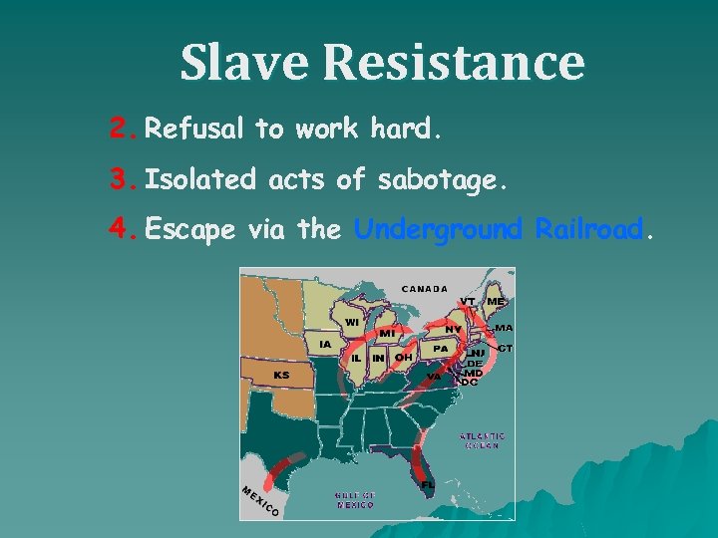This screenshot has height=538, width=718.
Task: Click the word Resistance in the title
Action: [454, 62]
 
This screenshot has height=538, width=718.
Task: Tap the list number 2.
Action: [122, 129]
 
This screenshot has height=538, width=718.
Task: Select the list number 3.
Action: [122, 180]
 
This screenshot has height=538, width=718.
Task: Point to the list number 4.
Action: [122, 230]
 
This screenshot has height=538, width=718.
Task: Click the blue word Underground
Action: [439, 231]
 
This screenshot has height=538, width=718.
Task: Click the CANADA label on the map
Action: [425, 290]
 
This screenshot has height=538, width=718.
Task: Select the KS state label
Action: [282, 375]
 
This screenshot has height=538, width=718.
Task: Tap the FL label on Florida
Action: [427, 483]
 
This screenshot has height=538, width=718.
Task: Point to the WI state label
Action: [352, 322]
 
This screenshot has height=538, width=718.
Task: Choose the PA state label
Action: [439, 349]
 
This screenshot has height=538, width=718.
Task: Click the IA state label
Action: [325, 344]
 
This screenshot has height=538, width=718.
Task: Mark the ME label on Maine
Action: [495, 302]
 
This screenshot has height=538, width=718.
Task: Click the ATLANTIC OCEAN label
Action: [482, 441]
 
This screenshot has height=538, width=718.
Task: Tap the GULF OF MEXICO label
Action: [354, 499]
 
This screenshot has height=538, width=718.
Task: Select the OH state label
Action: [403, 357]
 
